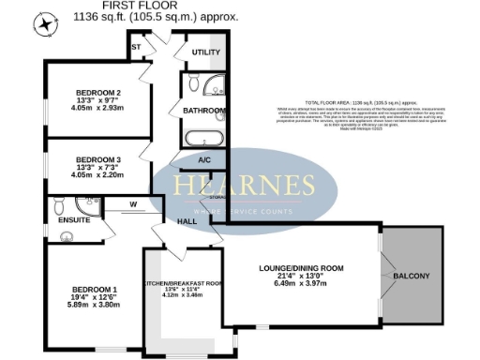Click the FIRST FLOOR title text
coord(172,7)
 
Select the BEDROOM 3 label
coord(99,158)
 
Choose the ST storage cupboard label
coord(136,46)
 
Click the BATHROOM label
coord(205,111)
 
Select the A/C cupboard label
coord(204,160)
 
